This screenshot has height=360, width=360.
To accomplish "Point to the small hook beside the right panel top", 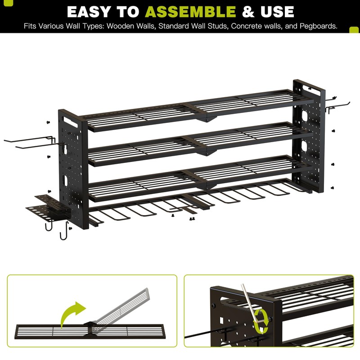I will (x=332, y=103).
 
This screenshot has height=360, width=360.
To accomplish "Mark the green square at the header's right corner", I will (x=354, y=29).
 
